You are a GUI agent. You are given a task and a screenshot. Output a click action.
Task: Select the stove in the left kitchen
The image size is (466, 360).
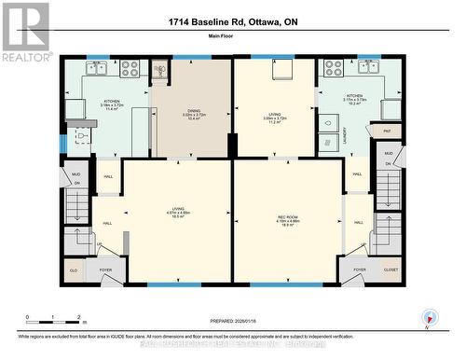coord(130,68)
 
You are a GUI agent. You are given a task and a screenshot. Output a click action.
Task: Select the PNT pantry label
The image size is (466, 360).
coord(386,132)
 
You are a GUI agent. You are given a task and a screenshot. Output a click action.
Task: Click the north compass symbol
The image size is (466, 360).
coord(428,317)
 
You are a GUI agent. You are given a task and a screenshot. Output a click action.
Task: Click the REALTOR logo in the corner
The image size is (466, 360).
coord(25,31)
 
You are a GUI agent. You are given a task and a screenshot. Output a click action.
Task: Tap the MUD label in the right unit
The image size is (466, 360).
coord(390,153)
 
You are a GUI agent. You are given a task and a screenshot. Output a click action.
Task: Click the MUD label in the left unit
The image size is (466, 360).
coord(76,174)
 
